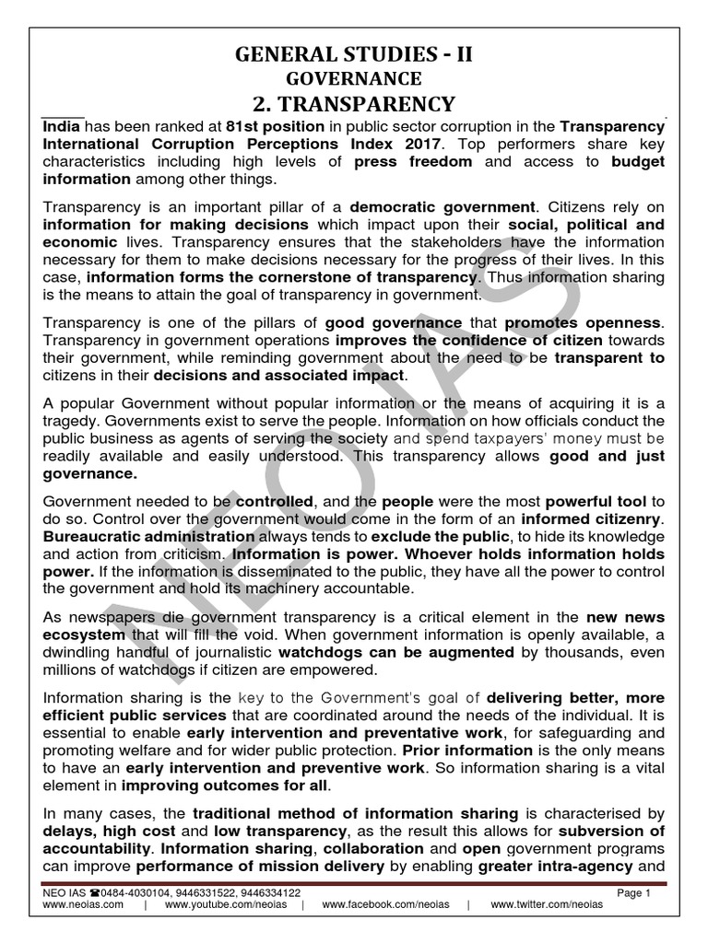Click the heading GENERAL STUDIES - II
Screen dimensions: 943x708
point(354,54)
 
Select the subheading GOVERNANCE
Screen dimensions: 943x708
point(354,78)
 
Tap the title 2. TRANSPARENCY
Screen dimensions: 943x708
point(354,104)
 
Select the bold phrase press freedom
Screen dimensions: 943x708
point(413,161)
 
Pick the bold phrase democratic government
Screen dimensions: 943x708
point(442,207)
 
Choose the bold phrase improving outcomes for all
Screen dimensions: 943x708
point(226,785)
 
